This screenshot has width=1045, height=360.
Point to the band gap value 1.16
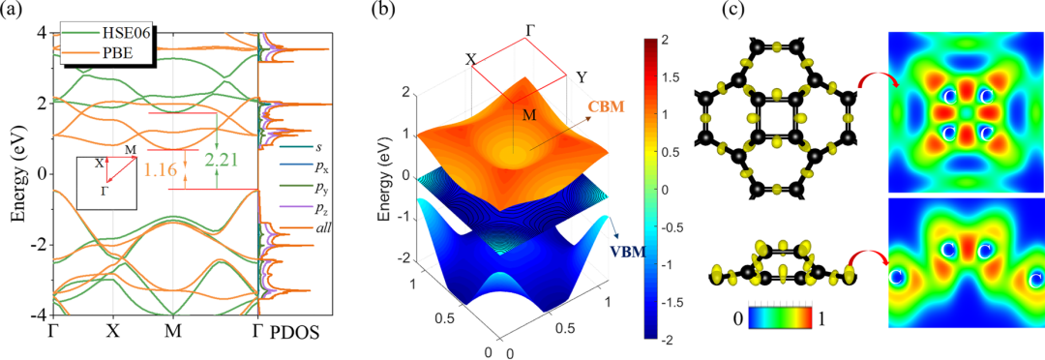point(162,169)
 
